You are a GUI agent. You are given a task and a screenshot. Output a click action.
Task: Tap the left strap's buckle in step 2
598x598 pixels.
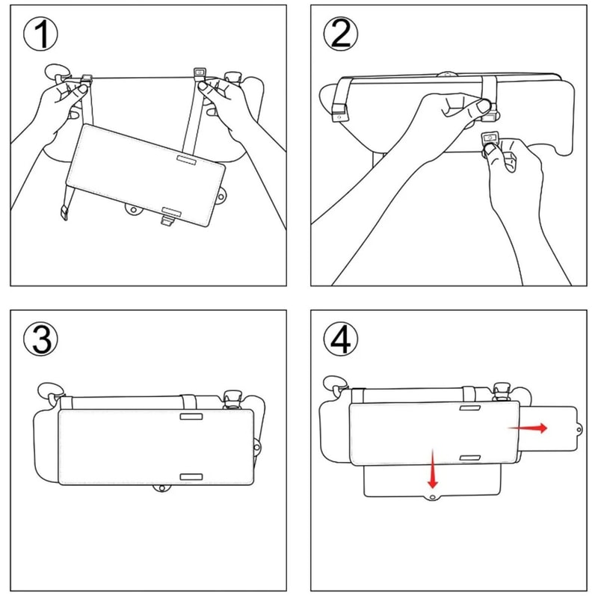coord(340,113)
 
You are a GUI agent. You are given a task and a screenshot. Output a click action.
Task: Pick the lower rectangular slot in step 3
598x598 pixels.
coord(190,475)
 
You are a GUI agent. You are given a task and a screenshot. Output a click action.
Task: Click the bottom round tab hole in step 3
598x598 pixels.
coord(160,488)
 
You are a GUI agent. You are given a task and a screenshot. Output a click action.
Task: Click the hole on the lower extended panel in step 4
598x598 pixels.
coord(432,496)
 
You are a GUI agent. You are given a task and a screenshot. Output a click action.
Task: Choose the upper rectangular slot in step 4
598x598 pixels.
coord(469,410)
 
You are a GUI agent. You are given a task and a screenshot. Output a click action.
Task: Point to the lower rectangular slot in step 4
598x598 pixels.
coord(469,457)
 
